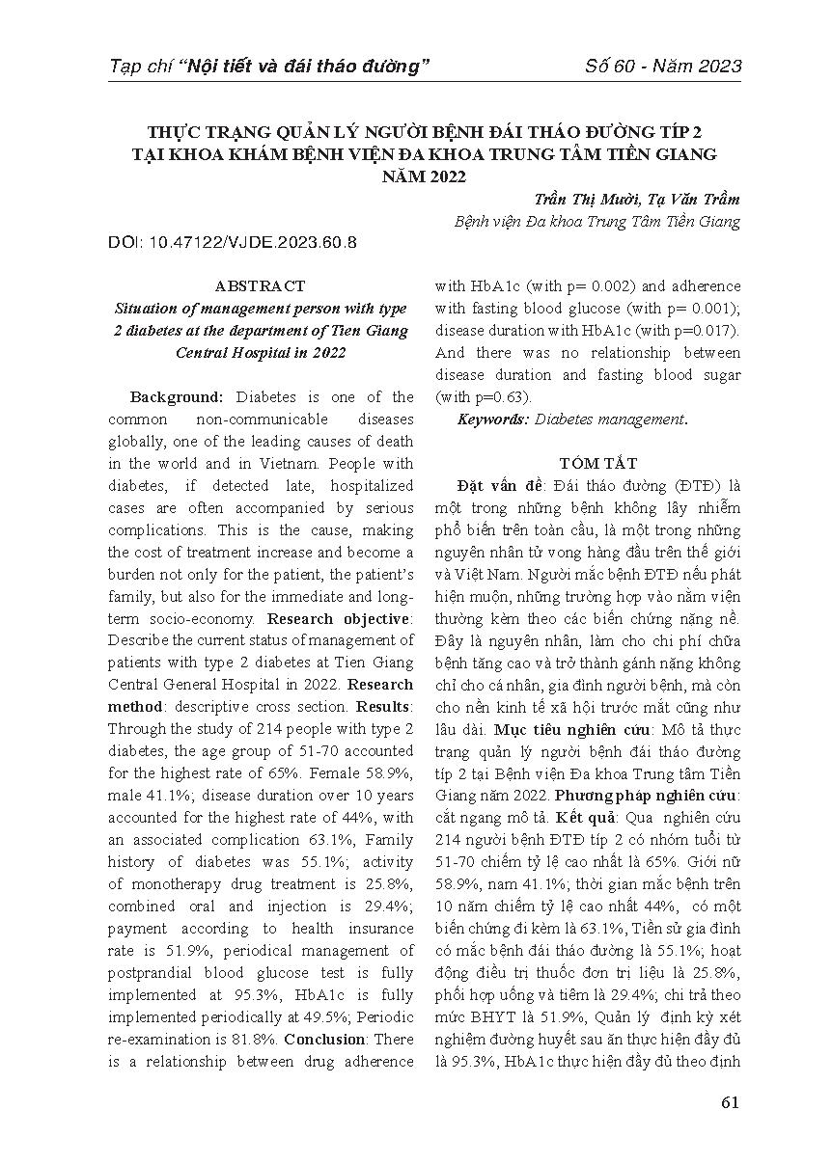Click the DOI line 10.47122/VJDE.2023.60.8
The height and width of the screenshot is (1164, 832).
click(232, 242)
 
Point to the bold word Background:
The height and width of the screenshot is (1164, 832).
click(177, 397)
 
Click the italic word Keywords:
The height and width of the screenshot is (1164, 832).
click(492, 420)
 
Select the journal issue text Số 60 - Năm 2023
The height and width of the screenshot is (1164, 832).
click(664, 67)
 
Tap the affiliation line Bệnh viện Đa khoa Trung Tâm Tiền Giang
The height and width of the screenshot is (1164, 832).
click(596, 221)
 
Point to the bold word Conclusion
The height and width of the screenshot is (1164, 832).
click(323, 1040)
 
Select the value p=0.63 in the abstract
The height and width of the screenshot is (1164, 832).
click(498, 397)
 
